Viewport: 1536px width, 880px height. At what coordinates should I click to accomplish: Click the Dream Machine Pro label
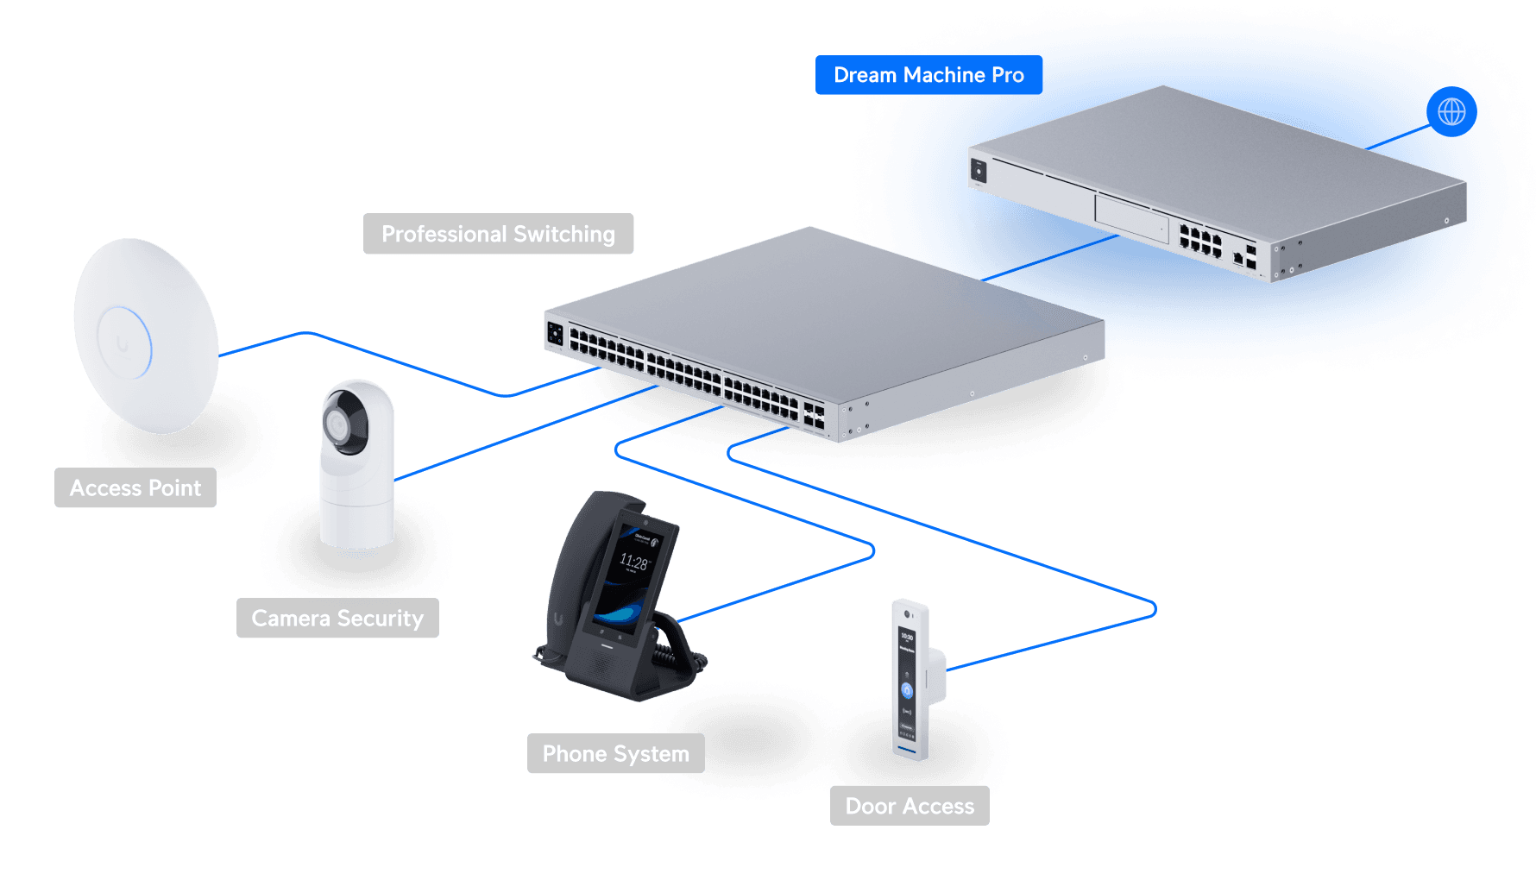coord(929,75)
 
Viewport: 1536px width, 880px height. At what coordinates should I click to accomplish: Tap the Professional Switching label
coord(498,234)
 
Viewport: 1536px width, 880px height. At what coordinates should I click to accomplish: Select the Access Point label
coord(135,488)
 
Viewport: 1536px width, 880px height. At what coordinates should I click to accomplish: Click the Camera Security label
coord(337,619)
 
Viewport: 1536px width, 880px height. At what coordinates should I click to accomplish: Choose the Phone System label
coord(615,754)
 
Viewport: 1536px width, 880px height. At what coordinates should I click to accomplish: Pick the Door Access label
coord(910,806)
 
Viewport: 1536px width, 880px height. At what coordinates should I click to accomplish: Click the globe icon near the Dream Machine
coord(1451,111)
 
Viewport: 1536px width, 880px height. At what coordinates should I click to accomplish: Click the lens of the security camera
coord(337,424)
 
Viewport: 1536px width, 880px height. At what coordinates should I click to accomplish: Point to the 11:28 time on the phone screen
coord(633,563)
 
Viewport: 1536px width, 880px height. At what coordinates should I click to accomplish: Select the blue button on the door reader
coord(907,690)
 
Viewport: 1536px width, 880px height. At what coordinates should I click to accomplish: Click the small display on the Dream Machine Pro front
coord(979,171)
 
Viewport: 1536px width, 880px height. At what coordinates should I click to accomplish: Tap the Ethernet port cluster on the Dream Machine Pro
coord(1200,241)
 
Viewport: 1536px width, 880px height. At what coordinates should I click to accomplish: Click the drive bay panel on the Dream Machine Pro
coord(1131,219)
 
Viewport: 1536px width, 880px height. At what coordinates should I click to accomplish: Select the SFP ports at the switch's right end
coord(814,414)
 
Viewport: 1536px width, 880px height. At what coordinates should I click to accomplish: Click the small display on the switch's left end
coord(556,333)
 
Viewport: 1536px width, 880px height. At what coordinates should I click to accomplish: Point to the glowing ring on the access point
coord(126,342)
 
